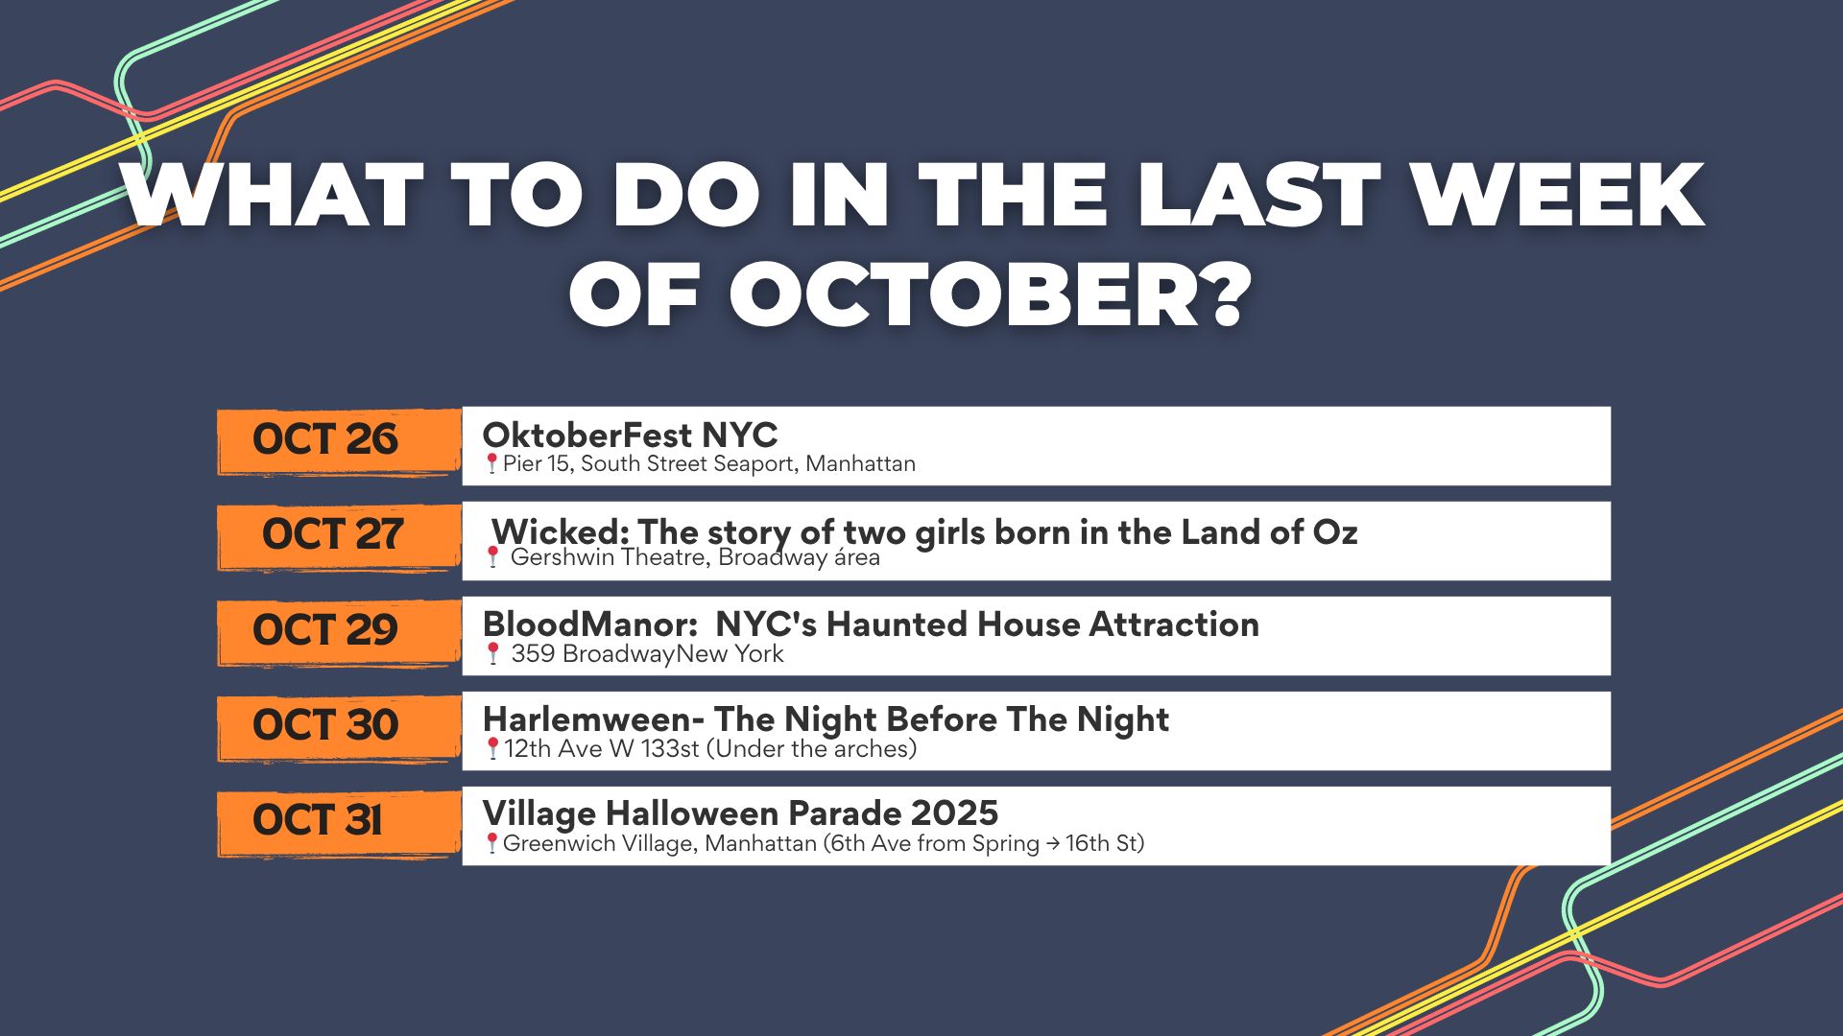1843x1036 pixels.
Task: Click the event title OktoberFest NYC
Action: click(x=630, y=436)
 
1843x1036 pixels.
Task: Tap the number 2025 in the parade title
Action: click(x=955, y=813)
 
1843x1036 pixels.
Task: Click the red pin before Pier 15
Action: click(x=491, y=464)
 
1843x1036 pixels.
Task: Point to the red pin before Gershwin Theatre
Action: click(x=492, y=557)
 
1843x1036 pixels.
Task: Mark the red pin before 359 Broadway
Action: click(x=492, y=654)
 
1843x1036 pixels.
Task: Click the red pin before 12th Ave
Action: click(x=492, y=749)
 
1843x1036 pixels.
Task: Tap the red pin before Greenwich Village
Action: click(x=491, y=844)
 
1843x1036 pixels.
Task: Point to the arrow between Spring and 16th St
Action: click(x=1053, y=844)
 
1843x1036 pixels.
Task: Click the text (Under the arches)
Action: click(x=811, y=748)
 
